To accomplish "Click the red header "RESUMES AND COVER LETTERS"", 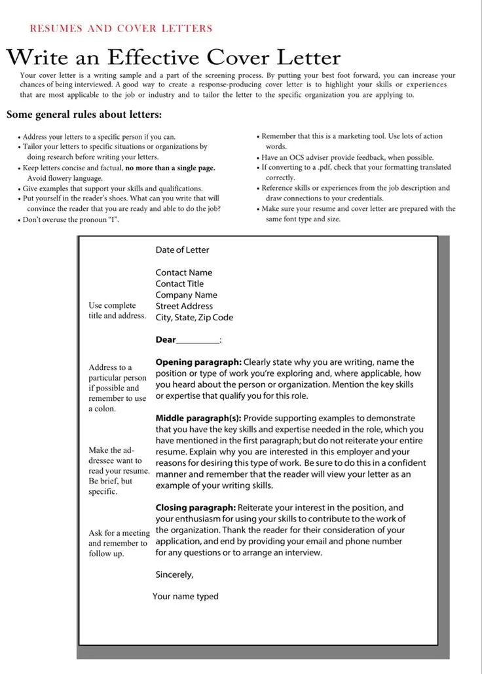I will [x=121, y=28].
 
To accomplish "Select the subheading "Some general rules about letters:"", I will [x=84, y=115].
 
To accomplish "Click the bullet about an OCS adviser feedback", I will [x=347, y=157].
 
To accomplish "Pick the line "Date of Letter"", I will [x=182, y=250].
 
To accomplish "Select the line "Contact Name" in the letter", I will [x=183, y=272].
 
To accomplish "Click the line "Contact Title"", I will [x=179, y=284].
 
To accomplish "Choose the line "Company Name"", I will [x=186, y=295].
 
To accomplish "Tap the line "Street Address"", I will [x=184, y=306].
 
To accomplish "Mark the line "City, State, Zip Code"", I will [x=194, y=317].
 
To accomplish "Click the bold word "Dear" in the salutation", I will [x=166, y=339].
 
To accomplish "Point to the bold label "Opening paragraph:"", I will [x=198, y=362].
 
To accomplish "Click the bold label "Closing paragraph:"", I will [x=195, y=508].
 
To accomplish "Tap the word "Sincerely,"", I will [x=174, y=574].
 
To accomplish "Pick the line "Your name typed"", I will [x=185, y=596].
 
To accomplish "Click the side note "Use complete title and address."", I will [x=117, y=310].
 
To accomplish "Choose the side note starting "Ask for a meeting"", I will [x=119, y=543].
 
